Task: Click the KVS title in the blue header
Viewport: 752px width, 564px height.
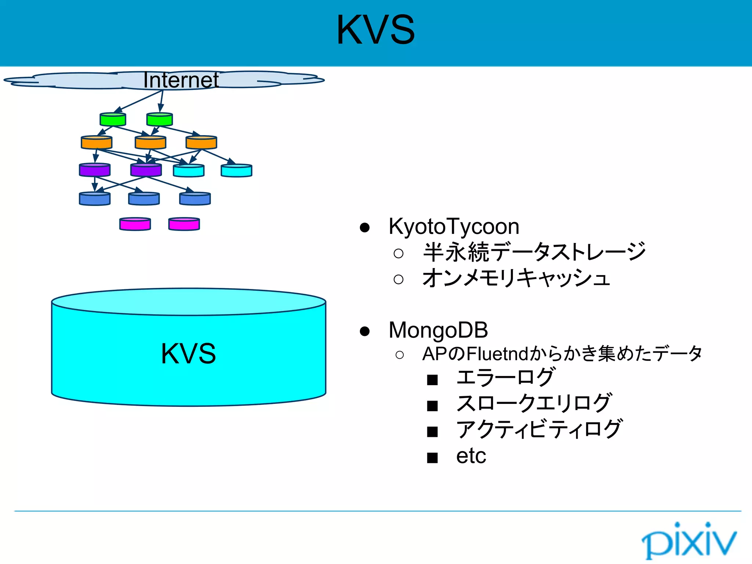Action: click(376, 30)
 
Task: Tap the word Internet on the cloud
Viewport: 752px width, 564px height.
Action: click(181, 80)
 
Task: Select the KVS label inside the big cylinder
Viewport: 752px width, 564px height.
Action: click(188, 354)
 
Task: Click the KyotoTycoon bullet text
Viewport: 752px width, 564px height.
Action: click(454, 227)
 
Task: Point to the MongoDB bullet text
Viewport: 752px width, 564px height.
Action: click(438, 330)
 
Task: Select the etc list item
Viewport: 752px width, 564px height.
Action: click(471, 456)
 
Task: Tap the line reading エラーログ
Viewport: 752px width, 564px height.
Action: click(505, 377)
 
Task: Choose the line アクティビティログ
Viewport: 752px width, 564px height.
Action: click(539, 429)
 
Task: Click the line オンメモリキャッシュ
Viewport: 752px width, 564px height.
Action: click(516, 278)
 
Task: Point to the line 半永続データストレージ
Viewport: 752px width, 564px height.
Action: click(534, 252)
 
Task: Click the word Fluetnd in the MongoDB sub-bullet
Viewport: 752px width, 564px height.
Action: click(497, 354)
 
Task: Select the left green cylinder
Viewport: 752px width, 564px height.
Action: click(113, 120)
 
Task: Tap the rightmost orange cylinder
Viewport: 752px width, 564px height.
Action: click(201, 142)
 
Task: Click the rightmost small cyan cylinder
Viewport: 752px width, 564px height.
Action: click(236, 171)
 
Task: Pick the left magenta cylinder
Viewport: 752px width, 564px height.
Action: click(135, 224)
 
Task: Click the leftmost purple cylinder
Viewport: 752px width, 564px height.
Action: click(95, 170)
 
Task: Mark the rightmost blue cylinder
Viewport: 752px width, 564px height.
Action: click(195, 199)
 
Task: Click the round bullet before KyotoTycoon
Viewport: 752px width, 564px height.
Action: click(365, 228)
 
